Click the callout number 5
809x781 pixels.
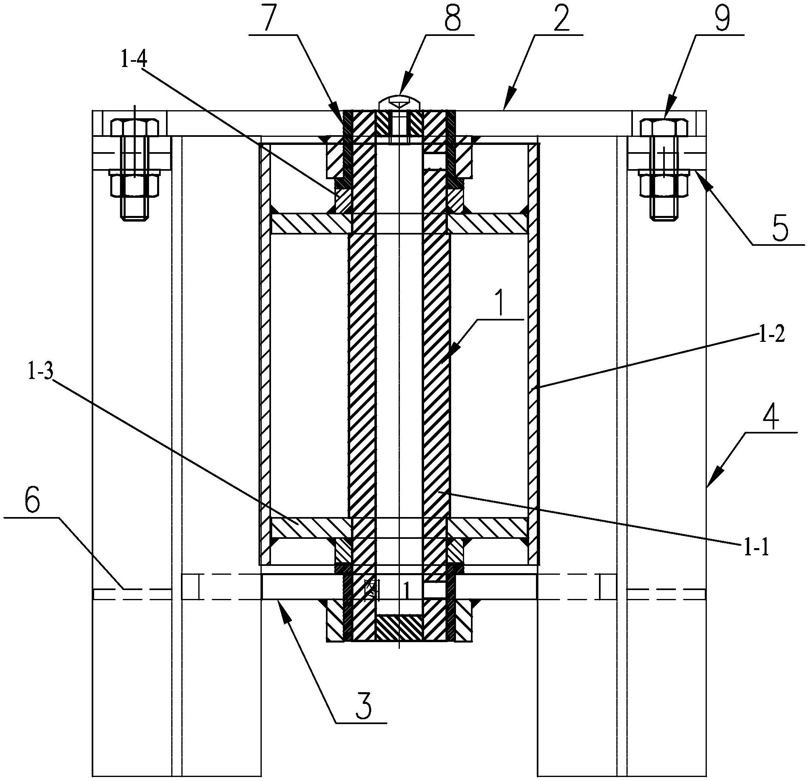780,229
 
